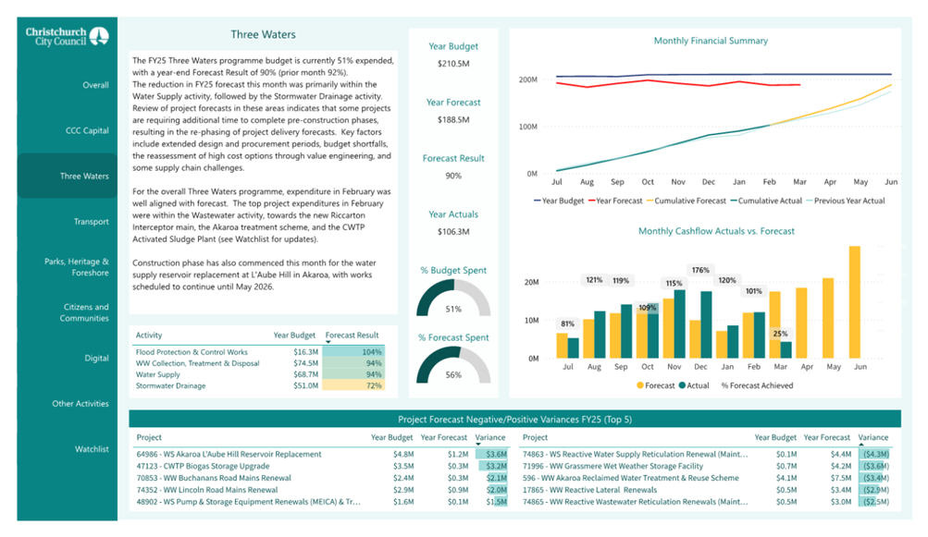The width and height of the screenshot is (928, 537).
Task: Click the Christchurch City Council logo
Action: pyautogui.click(x=67, y=36)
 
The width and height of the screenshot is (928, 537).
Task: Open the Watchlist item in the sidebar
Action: pyautogui.click(x=92, y=449)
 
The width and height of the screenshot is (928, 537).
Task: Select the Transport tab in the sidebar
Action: pyautogui.click(x=92, y=221)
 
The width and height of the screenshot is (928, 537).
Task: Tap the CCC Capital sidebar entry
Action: pyautogui.click(x=87, y=130)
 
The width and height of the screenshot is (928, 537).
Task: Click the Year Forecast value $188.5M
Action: pyautogui.click(x=453, y=119)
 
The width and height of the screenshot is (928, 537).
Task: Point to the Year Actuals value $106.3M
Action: pyautogui.click(x=453, y=231)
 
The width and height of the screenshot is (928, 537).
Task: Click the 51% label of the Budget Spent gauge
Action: pyautogui.click(x=453, y=309)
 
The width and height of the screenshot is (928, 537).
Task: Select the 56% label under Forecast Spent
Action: pyautogui.click(x=453, y=374)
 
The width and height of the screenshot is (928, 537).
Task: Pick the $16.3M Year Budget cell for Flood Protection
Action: pyautogui.click(x=306, y=352)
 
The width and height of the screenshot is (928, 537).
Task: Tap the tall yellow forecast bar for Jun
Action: pyautogui.click(x=855, y=302)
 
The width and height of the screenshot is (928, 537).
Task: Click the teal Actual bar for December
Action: pyautogui.click(x=706, y=324)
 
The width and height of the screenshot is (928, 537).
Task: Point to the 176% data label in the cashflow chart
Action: pyautogui.click(x=700, y=270)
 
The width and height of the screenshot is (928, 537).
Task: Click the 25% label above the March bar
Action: pyautogui.click(x=780, y=334)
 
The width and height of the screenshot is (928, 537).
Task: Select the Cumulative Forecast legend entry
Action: pyautogui.click(x=686, y=201)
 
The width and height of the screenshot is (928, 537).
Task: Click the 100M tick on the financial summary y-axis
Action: pyautogui.click(x=528, y=127)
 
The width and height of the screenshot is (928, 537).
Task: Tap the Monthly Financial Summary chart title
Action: pyautogui.click(x=711, y=41)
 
